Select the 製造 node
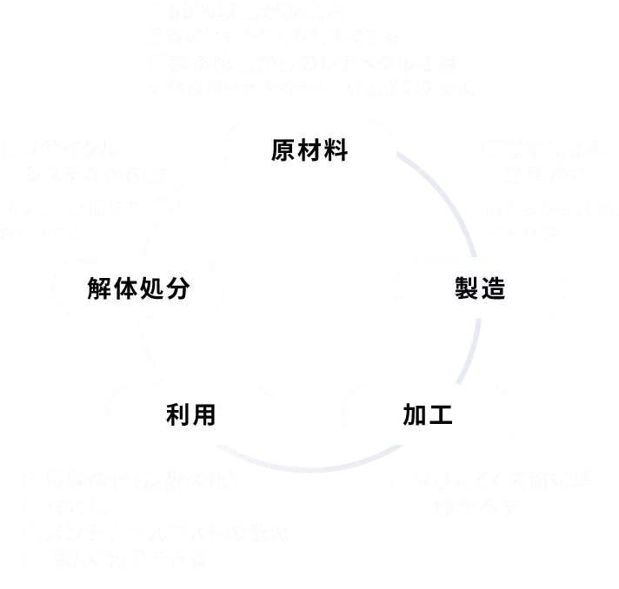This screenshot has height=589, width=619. (x=479, y=289)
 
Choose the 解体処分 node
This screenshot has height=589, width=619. (x=139, y=289)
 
